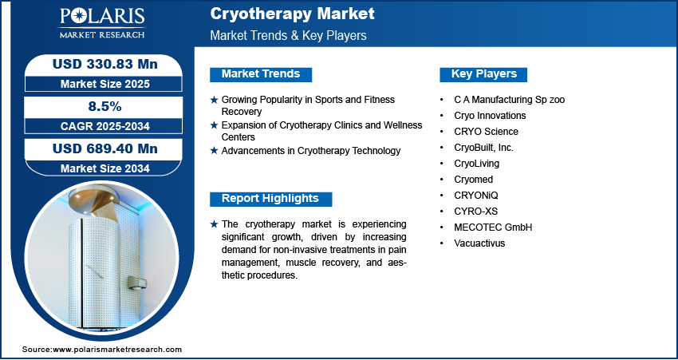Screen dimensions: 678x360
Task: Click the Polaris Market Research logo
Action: pyautogui.click(x=102, y=23)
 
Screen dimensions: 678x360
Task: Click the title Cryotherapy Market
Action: pyautogui.click(x=292, y=14)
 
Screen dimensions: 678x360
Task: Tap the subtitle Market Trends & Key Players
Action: pyautogui.click(x=289, y=35)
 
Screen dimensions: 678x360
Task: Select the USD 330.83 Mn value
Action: pyautogui.click(x=104, y=65)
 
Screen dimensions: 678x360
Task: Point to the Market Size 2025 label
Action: pyautogui.click(x=104, y=84)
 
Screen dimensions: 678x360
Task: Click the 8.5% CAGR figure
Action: pyautogui.click(x=104, y=106)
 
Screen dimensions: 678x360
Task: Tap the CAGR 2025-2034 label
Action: pyautogui.click(x=104, y=126)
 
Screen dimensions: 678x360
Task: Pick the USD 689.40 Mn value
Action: pyautogui.click(x=104, y=148)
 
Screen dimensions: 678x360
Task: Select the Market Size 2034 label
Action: pyautogui.click(x=104, y=168)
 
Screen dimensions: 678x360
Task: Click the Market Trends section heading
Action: pyautogui.click(x=261, y=74)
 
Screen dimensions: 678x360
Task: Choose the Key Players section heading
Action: pyautogui.click(x=484, y=74)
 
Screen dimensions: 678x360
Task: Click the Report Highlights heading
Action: pyautogui.click(x=270, y=199)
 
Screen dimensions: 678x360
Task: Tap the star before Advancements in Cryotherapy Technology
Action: pyautogui.click(x=214, y=151)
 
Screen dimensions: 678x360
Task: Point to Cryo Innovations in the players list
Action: pyautogui.click(x=490, y=116)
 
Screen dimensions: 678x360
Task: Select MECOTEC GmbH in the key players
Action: pyautogui.click(x=493, y=227)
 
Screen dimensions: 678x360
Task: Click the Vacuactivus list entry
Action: pyautogui.click(x=479, y=243)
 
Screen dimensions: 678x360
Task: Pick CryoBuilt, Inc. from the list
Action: pyautogui.click(x=484, y=148)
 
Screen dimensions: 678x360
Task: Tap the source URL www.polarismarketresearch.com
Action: pyautogui.click(x=117, y=350)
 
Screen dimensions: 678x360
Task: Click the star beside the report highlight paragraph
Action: pyautogui.click(x=214, y=224)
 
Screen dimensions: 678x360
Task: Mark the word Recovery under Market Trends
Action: pyautogui.click(x=241, y=112)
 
